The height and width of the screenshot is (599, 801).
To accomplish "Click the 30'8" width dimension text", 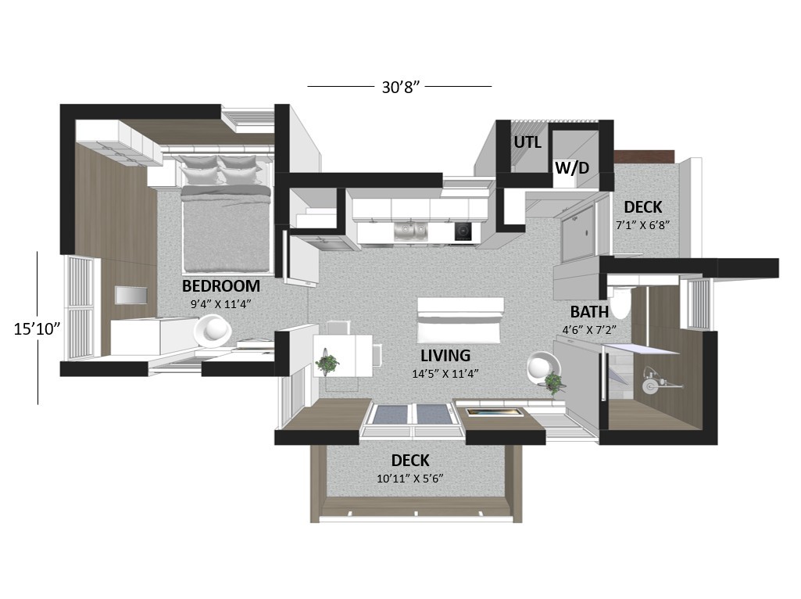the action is pyautogui.click(x=400, y=88).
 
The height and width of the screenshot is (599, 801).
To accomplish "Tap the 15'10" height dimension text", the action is pyautogui.click(x=37, y=328).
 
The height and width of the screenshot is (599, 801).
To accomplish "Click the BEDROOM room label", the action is pyautogui.click(x=220, y=285).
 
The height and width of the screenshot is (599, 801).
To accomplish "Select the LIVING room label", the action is pyautogui.click(x=445, y=355).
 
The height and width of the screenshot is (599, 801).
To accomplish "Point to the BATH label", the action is pyautogui.click(x=589, y=312).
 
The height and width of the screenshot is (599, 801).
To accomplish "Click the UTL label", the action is pyautogui.click(x=527, y=142).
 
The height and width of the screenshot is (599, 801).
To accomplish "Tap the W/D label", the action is pyautogui.click(x=571, y=167).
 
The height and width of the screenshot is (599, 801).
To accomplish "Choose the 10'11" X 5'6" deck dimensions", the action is pyautogui.click(x=409, y=479).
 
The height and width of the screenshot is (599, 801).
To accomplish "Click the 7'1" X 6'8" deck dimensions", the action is pyautogui.click(x=642, y=225).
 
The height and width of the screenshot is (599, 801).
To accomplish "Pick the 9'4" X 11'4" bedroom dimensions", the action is pyautogui.click(x=220, y=304).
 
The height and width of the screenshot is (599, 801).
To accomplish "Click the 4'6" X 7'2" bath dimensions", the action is pyautogui.click(x=589, y=330).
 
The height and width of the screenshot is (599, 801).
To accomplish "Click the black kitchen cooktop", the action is pyautogui.click(x=463, y=231).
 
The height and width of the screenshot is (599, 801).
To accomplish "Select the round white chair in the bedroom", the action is pyautogui.click(x=212, y=331).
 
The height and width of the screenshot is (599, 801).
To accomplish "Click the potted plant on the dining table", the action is pyautogui.click(x=327, y=362).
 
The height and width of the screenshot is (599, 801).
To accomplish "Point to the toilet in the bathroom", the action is pyautogui.click(x=621, y=303).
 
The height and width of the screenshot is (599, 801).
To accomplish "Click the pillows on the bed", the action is pyautogui.click(x=221, y=170).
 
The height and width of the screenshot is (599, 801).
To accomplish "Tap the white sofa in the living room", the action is pyautogui.click(x=460, y=321).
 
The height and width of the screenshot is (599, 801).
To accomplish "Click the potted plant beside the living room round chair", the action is pyautogui.click(x=552, y=382).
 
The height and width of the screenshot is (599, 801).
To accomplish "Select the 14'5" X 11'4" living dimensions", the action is pyautogui.click(x=445, y=374).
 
